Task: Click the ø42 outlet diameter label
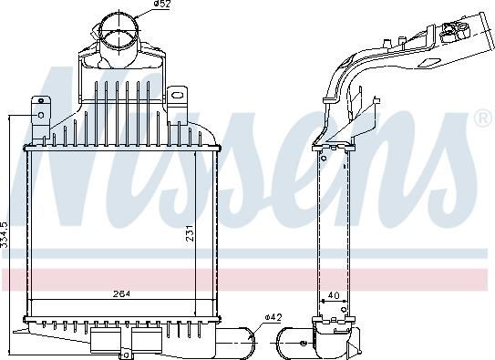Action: pos(273,316)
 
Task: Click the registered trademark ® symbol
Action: pos(482,119)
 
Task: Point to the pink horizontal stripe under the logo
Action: pos(247,278)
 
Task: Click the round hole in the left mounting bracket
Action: pos(39,114)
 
